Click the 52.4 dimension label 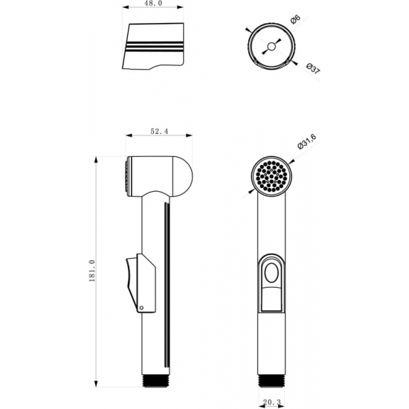point(159,131)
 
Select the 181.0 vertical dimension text point(92,271)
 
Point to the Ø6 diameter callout point(295,19)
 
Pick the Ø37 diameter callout point(313,68)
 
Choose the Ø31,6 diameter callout point(306,141)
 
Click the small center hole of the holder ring point(271,47)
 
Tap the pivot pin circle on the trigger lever point(141,308)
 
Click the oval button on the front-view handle point(271,273)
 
